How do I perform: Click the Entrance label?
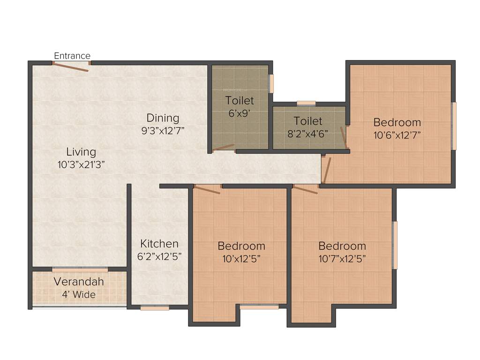(x=72, y=56)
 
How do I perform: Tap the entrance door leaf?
(x=70, y=67)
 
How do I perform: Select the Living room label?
(x=81, y=152)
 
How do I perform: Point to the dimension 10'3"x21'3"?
(x=81, y=164)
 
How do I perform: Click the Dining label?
(x=163, y=118)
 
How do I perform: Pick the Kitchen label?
(x=159, y=244)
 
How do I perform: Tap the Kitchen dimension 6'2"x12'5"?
(x=159, y=256)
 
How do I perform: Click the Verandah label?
(x=79, y=282)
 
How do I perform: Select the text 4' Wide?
(x=79, y=295)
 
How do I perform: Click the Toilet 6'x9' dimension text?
(x=240, y=113)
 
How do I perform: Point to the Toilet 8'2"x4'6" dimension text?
(x=308, y=133)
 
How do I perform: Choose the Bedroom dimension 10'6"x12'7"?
(x=397, y=135)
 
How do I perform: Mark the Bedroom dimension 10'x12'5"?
(x=241, y=258)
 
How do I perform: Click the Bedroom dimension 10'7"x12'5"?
(x=342, y=258)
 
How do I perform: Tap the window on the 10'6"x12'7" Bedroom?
(x=453, y=126)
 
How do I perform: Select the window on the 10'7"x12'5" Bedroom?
(x=395, y=245)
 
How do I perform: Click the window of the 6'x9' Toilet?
(x=271, y=83)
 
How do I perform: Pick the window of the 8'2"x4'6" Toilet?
(x=306, y=103)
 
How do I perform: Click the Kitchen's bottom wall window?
(x=155, y=308)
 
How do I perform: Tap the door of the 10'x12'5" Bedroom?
(x=207, y=189)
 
